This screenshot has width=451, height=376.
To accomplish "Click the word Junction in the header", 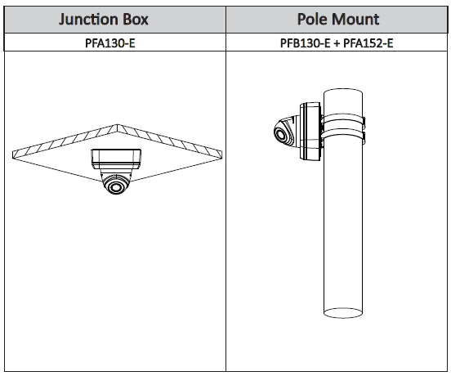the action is tap(88, 20).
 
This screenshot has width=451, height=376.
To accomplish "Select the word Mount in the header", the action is tap(355, 20).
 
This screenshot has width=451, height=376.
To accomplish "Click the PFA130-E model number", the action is tap(109, 43).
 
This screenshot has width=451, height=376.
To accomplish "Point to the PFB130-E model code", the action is tap(306, 43).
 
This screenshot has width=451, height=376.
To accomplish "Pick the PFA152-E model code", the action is tap(368, 43).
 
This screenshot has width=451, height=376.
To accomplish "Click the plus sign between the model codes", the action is tap(337, 43).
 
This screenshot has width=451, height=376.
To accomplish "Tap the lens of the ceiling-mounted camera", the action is tap(116, 187).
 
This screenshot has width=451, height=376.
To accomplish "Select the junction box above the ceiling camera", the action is tap(116, 159).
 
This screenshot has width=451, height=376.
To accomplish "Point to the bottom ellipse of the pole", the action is tap(343, 313).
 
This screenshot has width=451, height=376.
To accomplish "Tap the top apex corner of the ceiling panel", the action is tap(118, 124).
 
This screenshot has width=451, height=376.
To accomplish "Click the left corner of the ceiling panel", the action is tap(12, 154).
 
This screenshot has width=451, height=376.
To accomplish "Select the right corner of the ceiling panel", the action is tap(222, 154).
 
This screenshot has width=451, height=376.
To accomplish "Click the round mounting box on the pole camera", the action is tap(310, 131).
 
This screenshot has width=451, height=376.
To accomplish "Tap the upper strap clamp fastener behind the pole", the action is tap(364, 123).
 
